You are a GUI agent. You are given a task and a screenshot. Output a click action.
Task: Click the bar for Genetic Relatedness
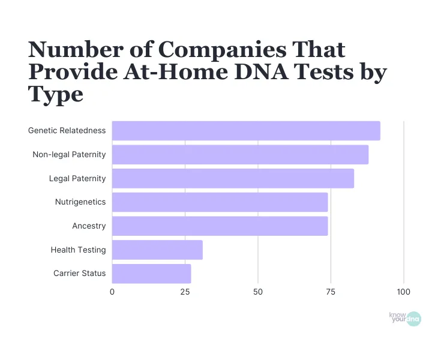[246, 131]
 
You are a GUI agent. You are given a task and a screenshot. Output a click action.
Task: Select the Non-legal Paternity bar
[240, 155]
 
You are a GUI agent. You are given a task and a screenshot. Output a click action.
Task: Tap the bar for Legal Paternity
[233, 178]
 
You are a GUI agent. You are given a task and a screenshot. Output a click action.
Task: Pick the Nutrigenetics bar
[220, 202]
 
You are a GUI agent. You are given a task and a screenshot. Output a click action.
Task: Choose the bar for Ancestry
[220, 226]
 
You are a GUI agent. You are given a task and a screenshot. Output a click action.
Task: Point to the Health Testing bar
[157, 250]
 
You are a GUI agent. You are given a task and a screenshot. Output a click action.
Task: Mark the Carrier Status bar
[151, 274]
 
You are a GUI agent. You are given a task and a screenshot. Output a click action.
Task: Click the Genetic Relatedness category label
[67, 131]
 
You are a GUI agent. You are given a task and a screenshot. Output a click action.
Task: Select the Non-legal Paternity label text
[69, 155]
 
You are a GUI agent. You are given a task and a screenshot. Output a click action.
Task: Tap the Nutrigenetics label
[80, 202]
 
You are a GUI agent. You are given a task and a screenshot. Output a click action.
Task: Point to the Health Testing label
[78, 250]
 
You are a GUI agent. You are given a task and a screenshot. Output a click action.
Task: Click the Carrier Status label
[79, 274]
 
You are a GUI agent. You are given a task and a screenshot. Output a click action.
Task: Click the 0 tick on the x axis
[112, 292]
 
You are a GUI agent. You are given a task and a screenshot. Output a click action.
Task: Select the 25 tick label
[185, 292]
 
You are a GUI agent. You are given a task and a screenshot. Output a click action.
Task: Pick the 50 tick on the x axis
[258, 292]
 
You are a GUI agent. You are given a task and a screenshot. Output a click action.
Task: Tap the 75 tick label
[331, 292]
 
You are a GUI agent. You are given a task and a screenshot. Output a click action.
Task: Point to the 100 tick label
[403, 292]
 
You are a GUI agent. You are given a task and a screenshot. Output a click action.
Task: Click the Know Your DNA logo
[405, 319]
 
